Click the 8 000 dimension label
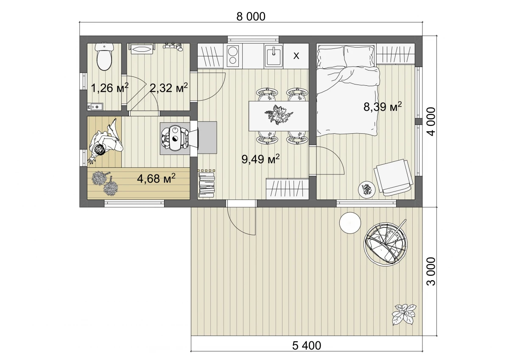point(251,17)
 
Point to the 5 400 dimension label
point(307,346)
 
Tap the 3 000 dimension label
point(431,271)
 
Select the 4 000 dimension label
point(431,122)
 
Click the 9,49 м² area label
point(260,159)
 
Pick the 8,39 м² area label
point(383,106)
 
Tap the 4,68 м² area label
point(156,178)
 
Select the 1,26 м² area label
point(110,87)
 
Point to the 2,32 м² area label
point(169,87)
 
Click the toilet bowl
point(104,57)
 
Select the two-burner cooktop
point(233,55)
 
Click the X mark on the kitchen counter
point(296,56)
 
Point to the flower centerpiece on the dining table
point(279,115)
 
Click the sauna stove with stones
point(175,138)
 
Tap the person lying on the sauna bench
point(106,141)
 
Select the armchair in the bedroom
point(393,177)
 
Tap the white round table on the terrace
point(350,223)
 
